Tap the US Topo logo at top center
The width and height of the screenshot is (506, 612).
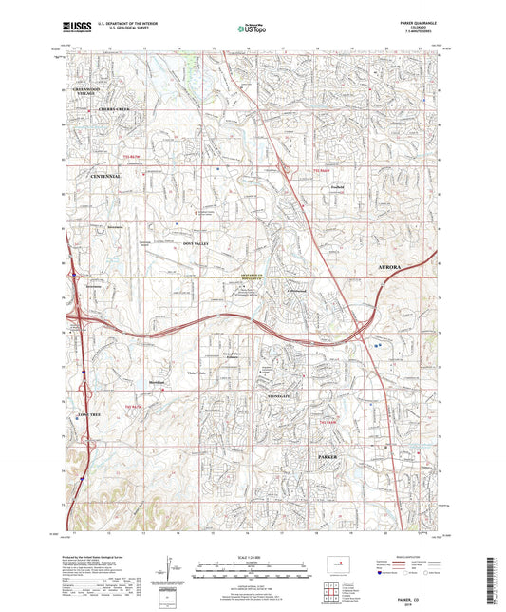coord(253,29)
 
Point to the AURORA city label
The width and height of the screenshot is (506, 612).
coord(397,269)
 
